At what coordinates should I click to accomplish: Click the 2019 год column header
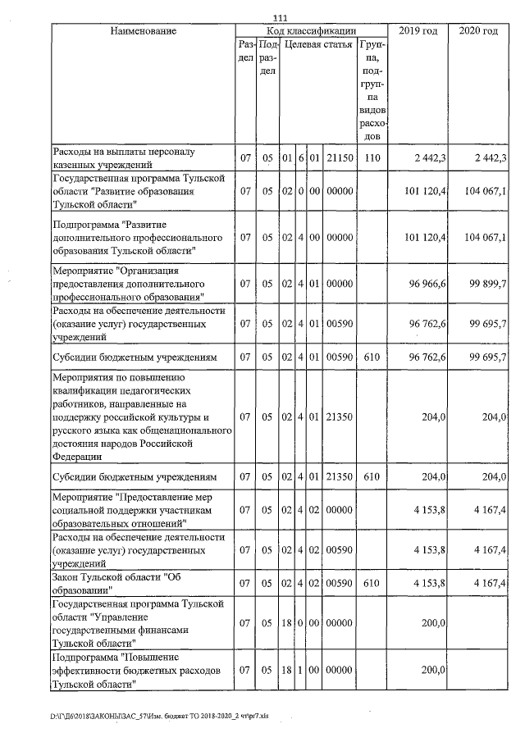point(418,31)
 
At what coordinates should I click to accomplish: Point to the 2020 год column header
point(479,31)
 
